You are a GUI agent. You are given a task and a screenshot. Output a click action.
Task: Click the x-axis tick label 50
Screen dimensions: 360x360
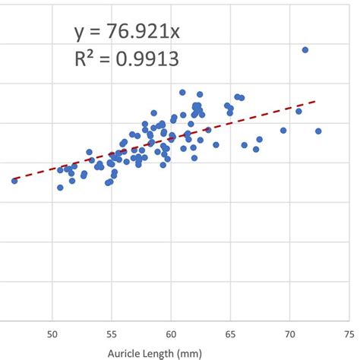tap(52, 334)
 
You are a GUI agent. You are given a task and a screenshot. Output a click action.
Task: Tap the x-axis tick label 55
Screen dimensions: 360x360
tap(112, 334)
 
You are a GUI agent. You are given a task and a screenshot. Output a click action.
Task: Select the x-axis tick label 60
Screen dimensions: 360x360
tap(171, 334)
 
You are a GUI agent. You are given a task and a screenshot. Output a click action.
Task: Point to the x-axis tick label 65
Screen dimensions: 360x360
tap(230, 334)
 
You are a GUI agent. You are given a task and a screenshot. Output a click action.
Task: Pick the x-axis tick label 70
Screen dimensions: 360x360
tap(289, 334)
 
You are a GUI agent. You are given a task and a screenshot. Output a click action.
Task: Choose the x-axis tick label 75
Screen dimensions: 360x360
tap(349, 334)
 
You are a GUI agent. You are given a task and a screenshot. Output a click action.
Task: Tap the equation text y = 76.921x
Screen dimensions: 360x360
tap(126, 31)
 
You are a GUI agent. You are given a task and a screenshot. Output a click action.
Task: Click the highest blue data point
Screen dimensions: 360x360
tap(305, 50)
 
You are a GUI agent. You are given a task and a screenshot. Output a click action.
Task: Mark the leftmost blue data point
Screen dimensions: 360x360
tap(14, 181)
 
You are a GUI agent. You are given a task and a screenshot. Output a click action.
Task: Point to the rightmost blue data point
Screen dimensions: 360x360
tap(318, 131)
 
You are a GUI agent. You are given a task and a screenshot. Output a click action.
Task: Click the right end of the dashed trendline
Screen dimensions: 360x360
tap(314, 100)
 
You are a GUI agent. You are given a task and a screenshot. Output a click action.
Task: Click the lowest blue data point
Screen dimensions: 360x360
tap(60, 188)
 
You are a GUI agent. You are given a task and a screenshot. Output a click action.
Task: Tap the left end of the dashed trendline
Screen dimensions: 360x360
tap(15, 180)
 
